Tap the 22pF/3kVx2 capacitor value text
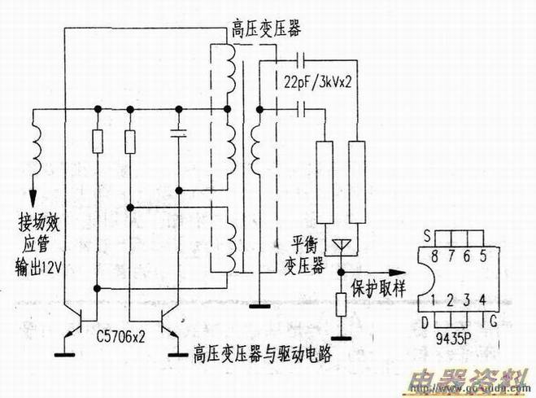click(x=320, y=82)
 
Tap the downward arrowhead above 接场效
click(x=34, y=197)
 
